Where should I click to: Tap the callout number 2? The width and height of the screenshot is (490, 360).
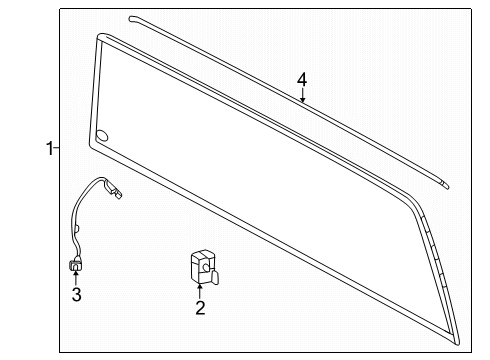pyautogui.click(x=199, y=308)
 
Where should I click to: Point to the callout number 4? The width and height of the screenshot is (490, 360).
pyautogui.click(x=301, y=79)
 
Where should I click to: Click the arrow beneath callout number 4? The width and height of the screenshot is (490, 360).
pyautogui.click(x=303, y=98)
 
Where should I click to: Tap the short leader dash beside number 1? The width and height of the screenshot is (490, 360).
pyautogui.click(x=56, y=149)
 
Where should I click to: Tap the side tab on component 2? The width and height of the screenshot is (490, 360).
pyautogui.click(x=213, y=267)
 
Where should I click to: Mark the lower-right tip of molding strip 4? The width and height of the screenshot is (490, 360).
pyautogui.click(x=446, y=183)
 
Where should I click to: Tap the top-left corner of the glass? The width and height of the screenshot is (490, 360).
pyautogui.click(x=100, y=39)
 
